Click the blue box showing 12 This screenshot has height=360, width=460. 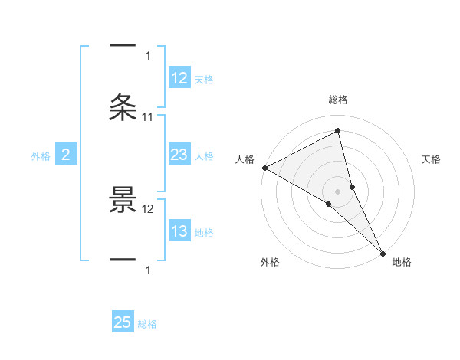tap(179, 78)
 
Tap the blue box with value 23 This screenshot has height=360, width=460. tap(179, 155)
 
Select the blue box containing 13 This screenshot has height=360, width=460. tap(179, 231)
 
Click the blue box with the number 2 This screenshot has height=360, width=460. tap(65, 155)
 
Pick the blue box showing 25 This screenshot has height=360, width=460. tap(123, 322)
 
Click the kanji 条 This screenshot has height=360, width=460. tap(123, 107)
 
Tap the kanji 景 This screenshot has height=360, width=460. tap(123, 200)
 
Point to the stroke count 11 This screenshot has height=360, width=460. tap(148, 116)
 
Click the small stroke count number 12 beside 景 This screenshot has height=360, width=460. tap(148, 208)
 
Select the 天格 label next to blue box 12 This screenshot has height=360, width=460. tap(204, 80)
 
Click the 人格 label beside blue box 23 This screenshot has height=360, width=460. tap(204, 156)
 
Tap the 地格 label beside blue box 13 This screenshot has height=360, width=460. tap(204, 233)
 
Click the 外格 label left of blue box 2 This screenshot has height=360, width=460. tap(41, 156)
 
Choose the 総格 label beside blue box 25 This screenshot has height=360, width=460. tap(147, 324)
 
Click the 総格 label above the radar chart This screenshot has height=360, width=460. tap(338, 100)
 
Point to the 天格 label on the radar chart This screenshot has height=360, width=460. tap(432, 159)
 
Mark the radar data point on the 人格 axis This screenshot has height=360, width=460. tap(264, 168)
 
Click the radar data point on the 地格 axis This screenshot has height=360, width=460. tap(383, 253)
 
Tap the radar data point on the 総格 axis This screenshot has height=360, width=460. tap(338, 130)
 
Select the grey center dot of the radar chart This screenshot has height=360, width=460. tap(338, 191)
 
